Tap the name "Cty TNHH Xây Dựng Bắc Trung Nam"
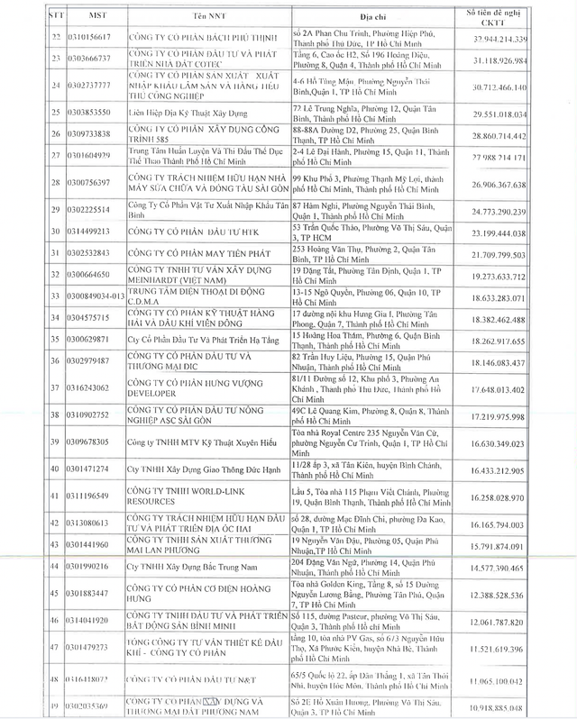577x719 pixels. (x=177, y=567)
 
